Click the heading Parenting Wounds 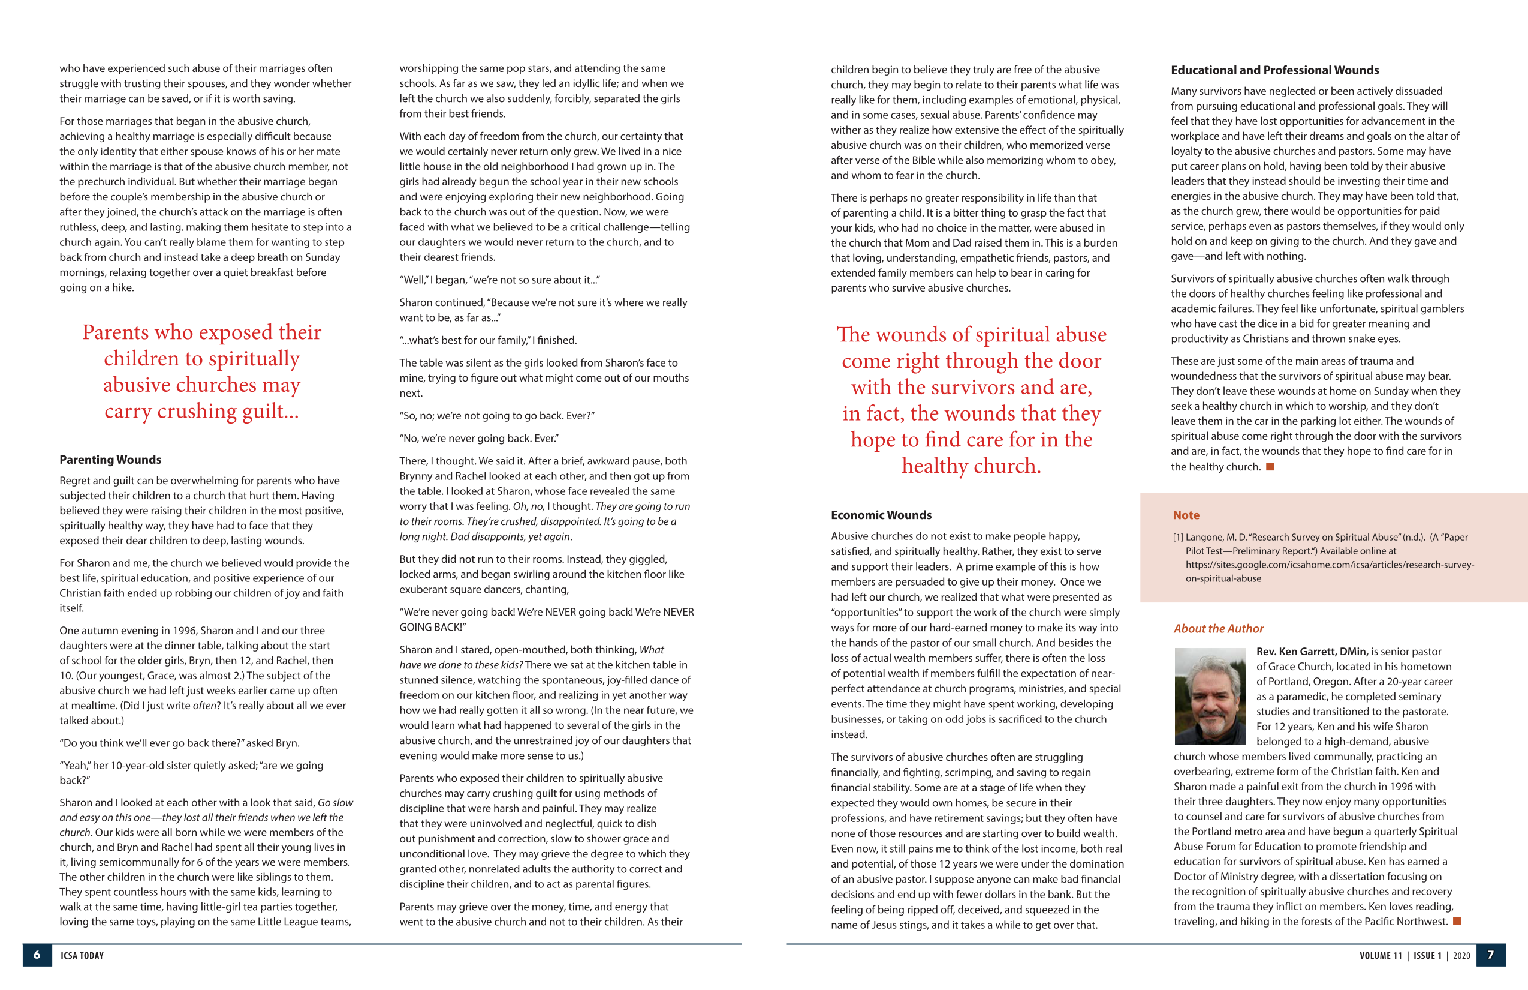[x=110, y=460]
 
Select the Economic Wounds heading [x=881, y=515]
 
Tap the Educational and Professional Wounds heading [x=1274, y=70]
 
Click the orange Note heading [x=1186, y=515]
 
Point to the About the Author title [x=1218, y=628]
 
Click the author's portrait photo [x=1210, y=696]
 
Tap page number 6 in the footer [x=37, y=955]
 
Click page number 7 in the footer [x=1490, y=955]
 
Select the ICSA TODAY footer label [x=82, y=955]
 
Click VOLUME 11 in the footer [x=1381, y=955]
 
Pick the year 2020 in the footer [x=1462, y=955]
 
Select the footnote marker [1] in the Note [x=1178, y=537]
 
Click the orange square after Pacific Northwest [x=1457, y=921]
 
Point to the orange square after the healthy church [x=1269, y=466]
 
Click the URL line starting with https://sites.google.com [x=1329, y=564]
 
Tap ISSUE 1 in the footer [x=1427, y=955]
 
